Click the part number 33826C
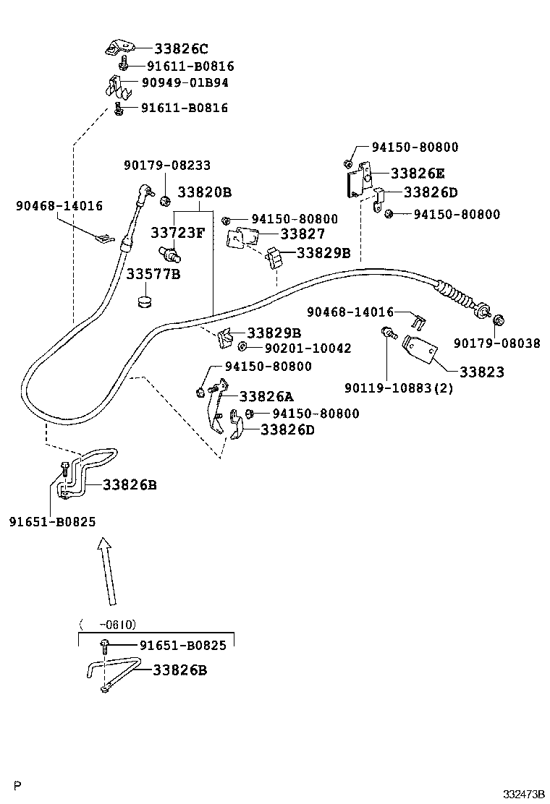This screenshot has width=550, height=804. pos(181,49)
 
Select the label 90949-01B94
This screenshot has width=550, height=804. pos(185,83)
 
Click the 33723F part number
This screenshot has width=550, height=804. pos(177,233)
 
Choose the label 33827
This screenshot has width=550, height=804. pos(302,234)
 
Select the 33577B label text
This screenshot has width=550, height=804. pos(153,275)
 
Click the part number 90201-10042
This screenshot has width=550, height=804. pos(308,348)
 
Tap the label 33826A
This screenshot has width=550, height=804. pos(267,396)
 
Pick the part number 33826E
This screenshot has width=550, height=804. pos(418,174)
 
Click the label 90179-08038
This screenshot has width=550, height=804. pos(496,343)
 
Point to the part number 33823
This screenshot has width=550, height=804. pos(481,372)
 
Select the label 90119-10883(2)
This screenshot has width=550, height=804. pos(399,388)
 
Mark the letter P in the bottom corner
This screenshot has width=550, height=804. pos(17,784)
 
